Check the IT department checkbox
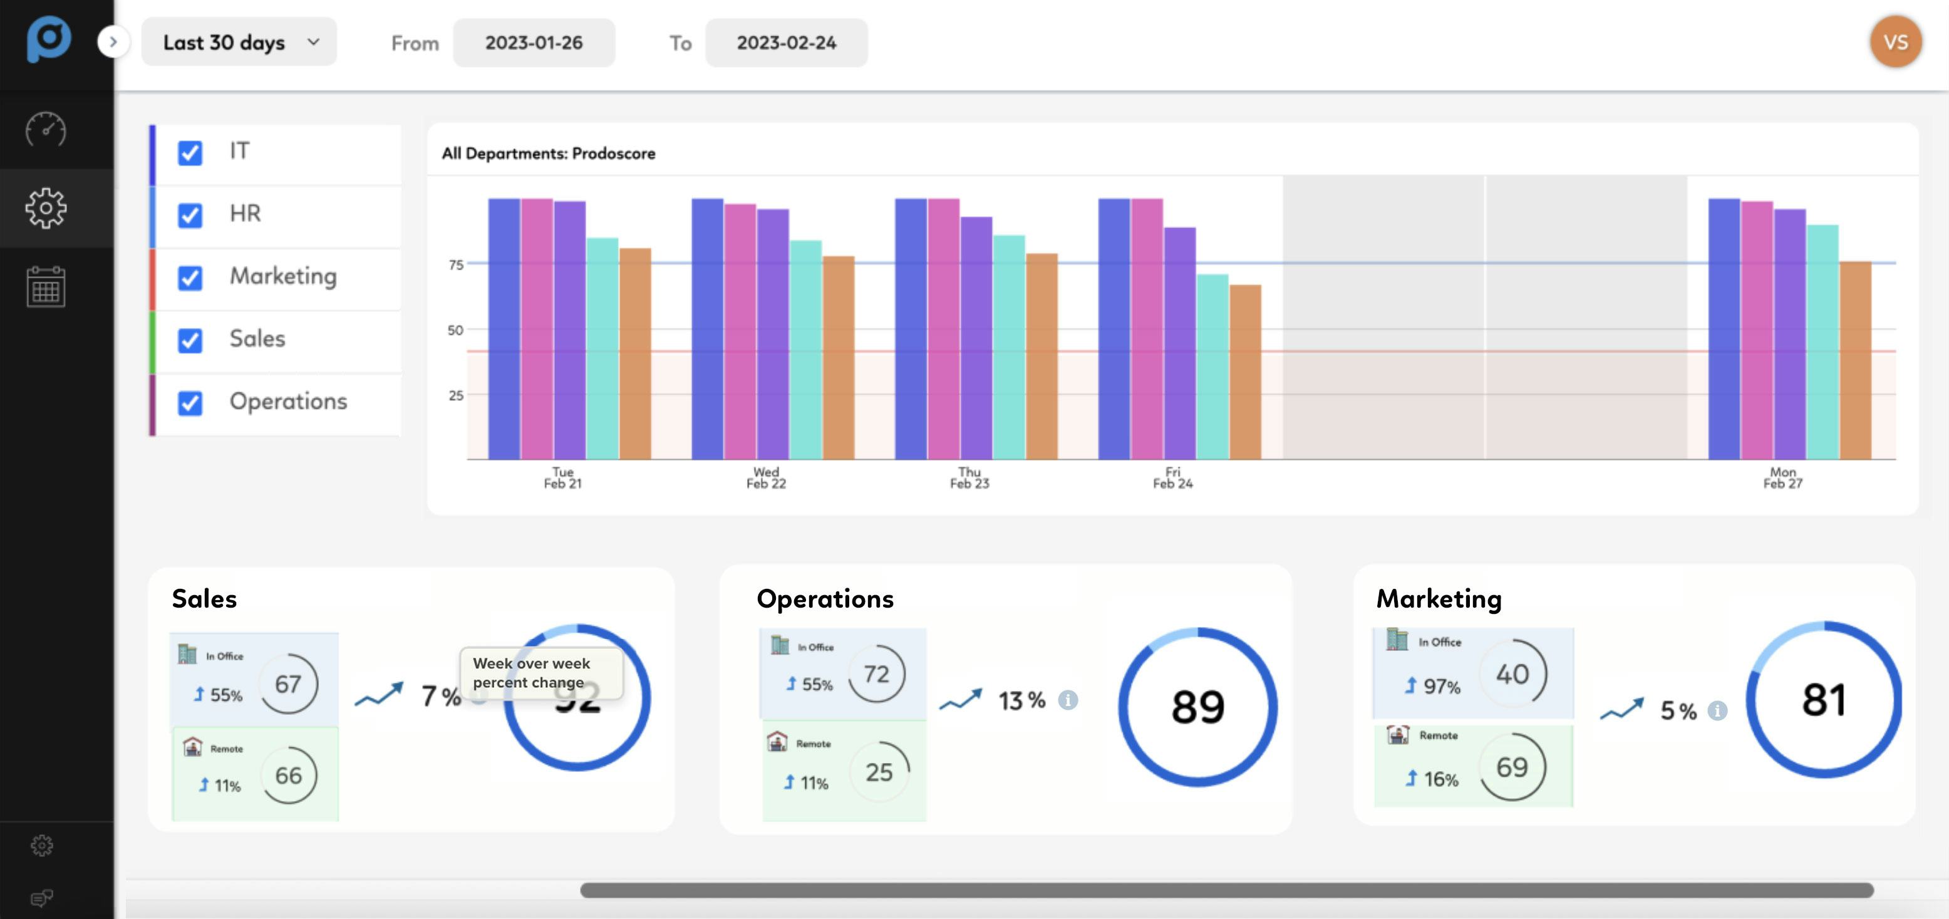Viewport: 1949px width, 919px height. [190, 153]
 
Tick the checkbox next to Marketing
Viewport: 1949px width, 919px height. [190, 278]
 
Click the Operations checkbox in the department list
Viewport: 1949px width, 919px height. [190, 403]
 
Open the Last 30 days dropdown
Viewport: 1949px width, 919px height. [239, 43]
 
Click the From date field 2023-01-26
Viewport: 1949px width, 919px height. [534, 43]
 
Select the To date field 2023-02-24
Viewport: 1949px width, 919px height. [786, 43]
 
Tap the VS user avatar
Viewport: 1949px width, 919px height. [1895, 43]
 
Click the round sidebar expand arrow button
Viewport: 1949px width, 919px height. [113, 41]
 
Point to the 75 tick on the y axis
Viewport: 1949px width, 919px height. [455, 265]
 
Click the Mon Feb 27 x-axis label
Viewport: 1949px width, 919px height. [1782, 478]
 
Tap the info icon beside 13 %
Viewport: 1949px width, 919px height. [1068, 700]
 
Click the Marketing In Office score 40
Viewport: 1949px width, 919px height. [1512, 673]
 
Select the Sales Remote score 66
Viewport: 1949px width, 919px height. [288, 775]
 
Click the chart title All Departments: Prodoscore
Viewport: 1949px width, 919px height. [549, 153]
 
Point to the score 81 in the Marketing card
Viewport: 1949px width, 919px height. [1823, 700]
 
